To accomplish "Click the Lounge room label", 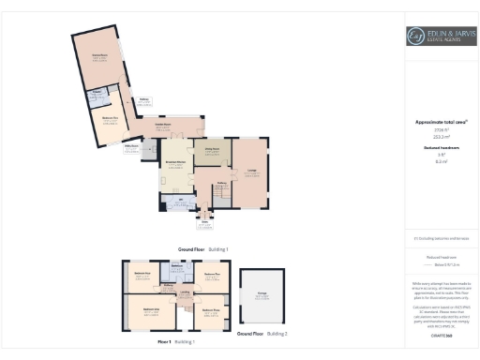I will [251, 169].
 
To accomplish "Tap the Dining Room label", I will [213, 147].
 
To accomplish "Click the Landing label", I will [186, 293].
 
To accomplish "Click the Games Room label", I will [98, 56].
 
